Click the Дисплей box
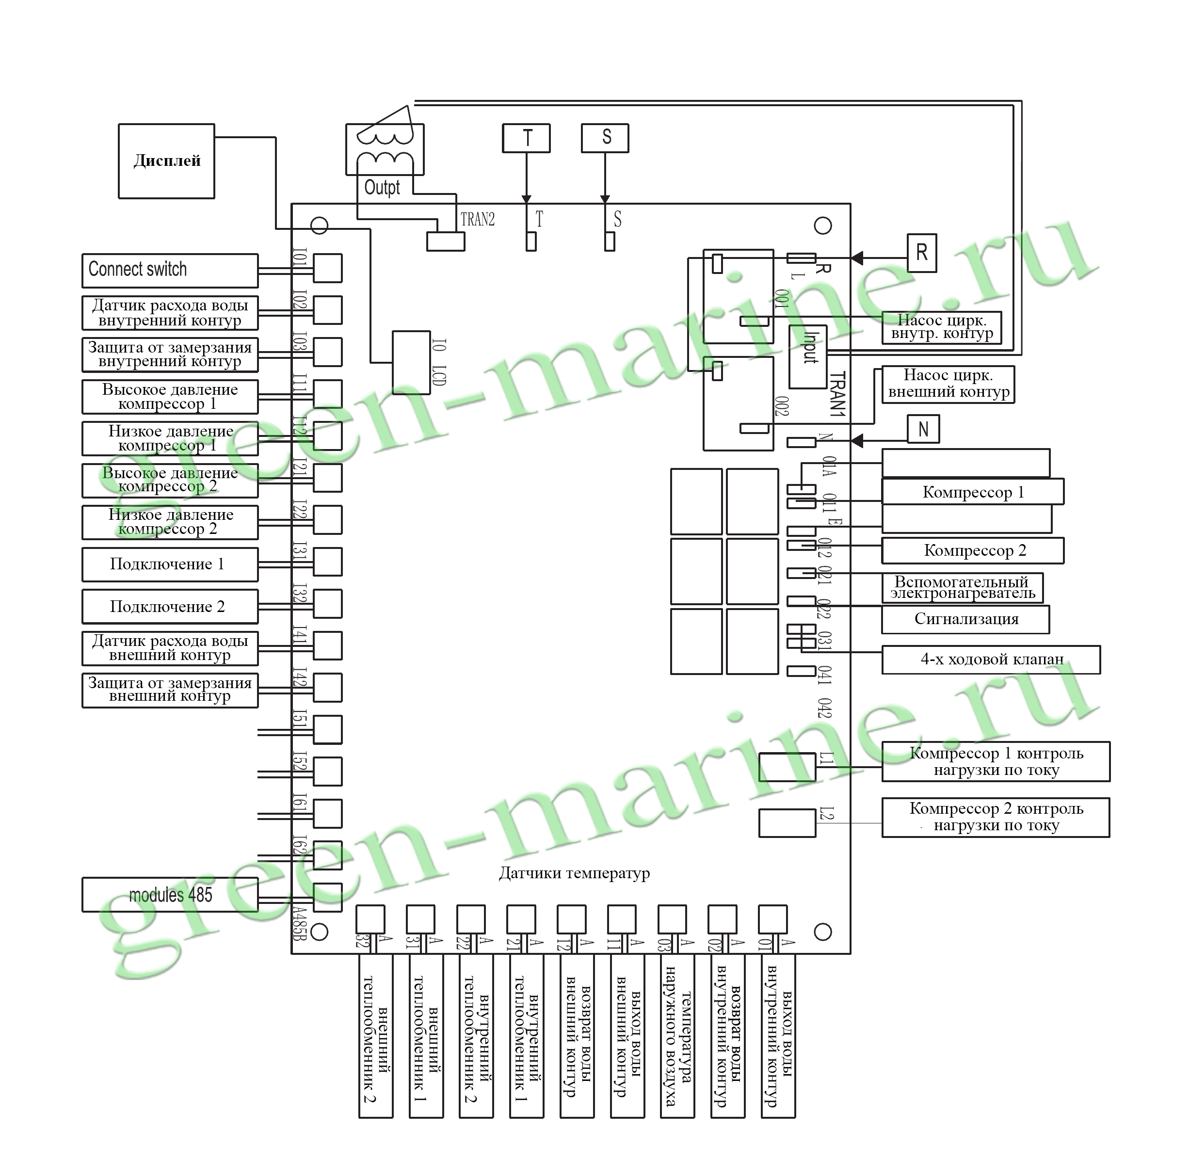tap(167, 161)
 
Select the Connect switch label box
tap(170, 270)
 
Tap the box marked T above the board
tap(526, 138)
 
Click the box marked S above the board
tap(605, 138)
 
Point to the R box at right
tap(921, 252)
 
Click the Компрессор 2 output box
tap(972, 550)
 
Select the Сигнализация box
tap(965, 619)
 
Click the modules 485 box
tap(170, 895)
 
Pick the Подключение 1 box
tap(170, 564)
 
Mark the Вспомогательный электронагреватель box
tap(962, 588)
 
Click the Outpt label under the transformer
tap(382, 187)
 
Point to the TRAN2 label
tap(478, 219)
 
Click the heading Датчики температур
tap(574, 873)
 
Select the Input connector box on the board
tap(807, 357)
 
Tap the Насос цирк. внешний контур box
tap(948, 384)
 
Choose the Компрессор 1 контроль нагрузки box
tap(996, 761)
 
